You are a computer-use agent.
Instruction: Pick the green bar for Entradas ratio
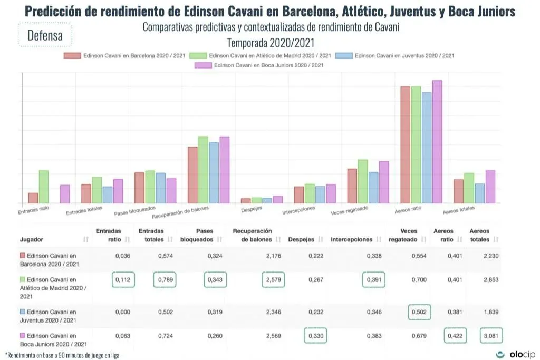pos(44,187)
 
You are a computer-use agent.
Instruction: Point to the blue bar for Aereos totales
pos(479,193)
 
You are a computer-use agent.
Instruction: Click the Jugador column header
pos(32,239)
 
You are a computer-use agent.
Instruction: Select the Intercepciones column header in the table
pos(351,239)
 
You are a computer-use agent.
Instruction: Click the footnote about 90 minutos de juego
pos(62,355)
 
